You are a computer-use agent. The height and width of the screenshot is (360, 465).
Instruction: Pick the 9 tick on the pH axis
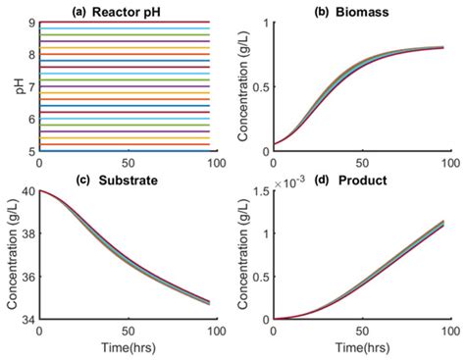[31, 22]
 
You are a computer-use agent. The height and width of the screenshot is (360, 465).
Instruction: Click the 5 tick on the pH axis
[31, 151]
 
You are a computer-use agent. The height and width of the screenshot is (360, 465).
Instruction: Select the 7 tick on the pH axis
[31, 86]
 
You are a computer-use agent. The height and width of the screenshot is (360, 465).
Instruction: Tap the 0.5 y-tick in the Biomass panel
[259, 86]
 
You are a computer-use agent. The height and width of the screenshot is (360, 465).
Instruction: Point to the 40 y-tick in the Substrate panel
[27, 190]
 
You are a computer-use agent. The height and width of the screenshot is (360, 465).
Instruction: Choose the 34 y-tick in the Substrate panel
[27, 319]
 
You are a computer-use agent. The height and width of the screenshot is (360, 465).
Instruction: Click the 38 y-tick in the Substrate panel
[27, 233]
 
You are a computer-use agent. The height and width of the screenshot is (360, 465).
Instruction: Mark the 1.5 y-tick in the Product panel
[259, 190]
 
